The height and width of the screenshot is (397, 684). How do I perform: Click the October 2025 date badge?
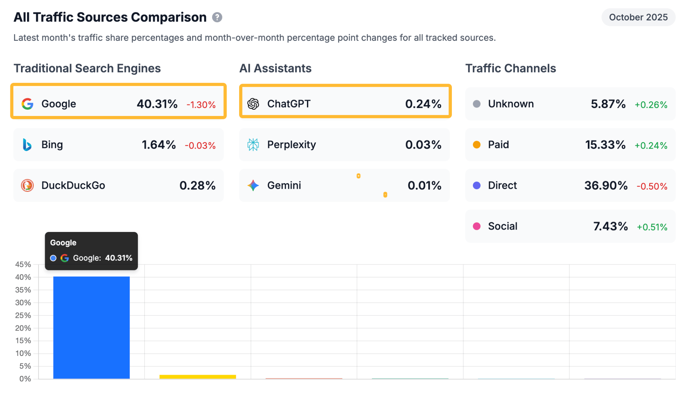click(x=638, y=17)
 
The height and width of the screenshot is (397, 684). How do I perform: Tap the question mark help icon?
click(x=217, y=17)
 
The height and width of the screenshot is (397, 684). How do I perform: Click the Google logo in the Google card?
click(x=27, y=104)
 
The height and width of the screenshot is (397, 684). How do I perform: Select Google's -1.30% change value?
click(x=201, y=105)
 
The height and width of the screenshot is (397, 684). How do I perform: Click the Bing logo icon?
click(x=27, y=145)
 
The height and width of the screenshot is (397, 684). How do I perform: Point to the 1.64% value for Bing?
click(x=159, y=145)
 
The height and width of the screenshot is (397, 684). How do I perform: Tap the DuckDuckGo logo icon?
click(x=27, y=185)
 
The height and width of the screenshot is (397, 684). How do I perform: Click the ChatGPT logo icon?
click(x=253, y=104)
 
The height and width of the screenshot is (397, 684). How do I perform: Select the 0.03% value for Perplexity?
click(x=423, y=145)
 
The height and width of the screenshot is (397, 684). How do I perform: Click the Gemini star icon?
click(x=253, y=185)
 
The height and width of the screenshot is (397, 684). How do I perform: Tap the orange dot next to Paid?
click(x=477, y=145)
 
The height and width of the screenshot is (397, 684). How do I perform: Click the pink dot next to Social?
click(x=477, y=226)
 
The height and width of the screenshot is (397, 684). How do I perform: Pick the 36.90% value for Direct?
click(x=606, y=185)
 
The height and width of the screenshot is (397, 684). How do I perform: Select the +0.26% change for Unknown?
click(x=651, y=105)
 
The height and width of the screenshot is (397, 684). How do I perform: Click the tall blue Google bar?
click(x=92, y=327)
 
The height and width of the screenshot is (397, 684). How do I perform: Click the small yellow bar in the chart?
click(x=198, y=377)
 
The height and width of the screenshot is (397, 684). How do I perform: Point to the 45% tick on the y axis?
click(x=23, y=264)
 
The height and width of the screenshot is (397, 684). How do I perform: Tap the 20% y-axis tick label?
click(x=23, y=328)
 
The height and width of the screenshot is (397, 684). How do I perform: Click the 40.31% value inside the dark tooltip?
click(x=119, y=258)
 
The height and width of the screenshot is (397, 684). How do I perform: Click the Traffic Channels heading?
click(x=510, y=69)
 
